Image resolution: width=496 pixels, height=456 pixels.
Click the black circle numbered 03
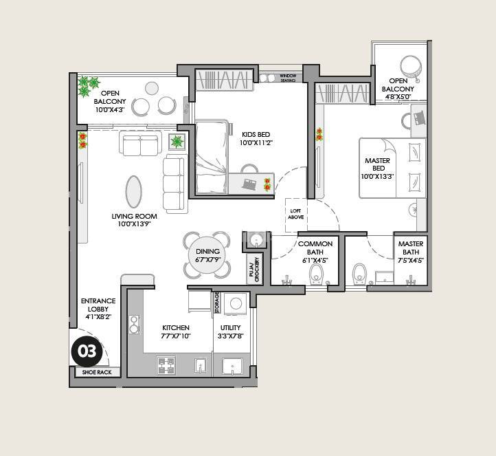(87, 352)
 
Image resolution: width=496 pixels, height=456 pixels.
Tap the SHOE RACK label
(97, 372)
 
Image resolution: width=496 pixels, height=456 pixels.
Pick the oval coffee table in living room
(134, 191)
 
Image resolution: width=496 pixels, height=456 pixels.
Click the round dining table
(207, 255)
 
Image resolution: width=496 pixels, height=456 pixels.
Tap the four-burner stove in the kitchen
(166, 365)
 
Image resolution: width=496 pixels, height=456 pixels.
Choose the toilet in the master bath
(359, 274)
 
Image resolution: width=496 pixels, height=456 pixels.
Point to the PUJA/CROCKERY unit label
(254, 269)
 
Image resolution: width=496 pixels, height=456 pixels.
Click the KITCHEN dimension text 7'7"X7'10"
(177, 336)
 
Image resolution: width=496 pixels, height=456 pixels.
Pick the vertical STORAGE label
(217, 302)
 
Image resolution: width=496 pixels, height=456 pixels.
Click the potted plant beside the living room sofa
(177, 142)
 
